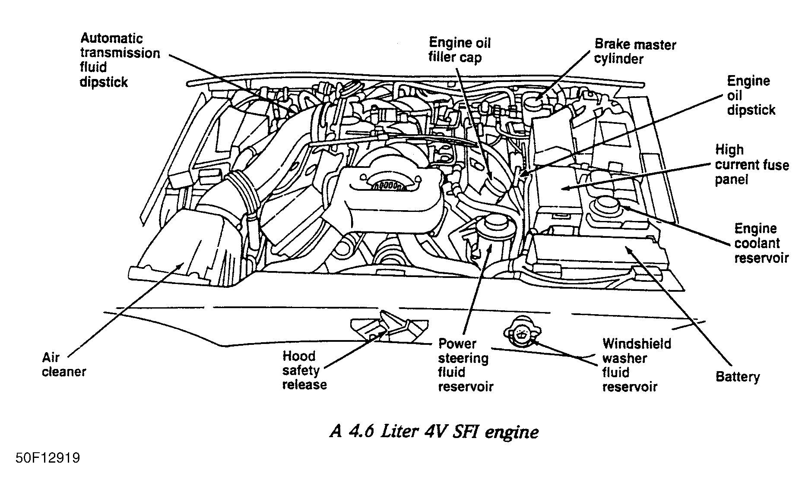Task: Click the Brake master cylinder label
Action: (635, 51)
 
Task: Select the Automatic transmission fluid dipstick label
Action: (119, 60)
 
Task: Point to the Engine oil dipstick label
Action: (751, 95)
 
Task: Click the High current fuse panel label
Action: (751, 164)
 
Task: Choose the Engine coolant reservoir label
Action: (761, 243)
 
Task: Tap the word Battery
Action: (737, 377)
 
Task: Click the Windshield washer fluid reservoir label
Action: (636, 365)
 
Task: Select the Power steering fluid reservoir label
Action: (465, 365)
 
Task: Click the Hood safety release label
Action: (304, 370)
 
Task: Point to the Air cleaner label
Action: (63, 365)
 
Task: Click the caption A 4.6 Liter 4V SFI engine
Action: (434, 432)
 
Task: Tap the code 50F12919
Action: (48, 458)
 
